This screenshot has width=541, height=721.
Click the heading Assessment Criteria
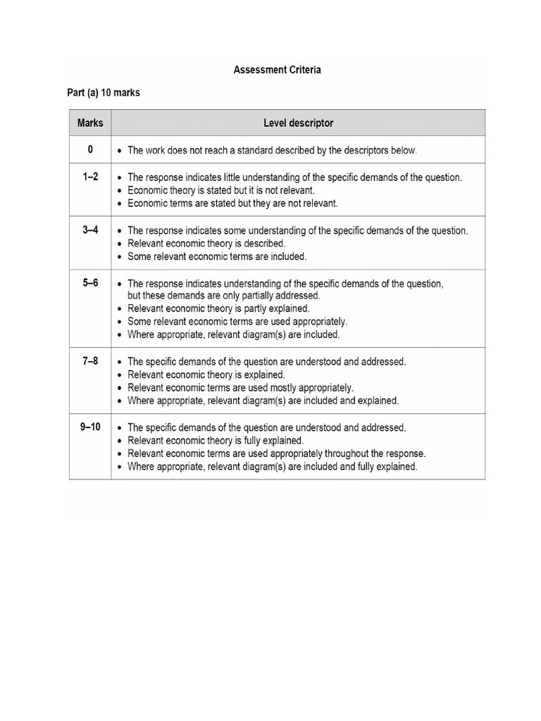[277, 70]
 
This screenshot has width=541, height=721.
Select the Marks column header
[90, 123]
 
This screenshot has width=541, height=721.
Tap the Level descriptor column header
[298, 123]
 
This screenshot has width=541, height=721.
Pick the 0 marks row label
[90, 149]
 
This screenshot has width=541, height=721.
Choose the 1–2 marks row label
[90, 177]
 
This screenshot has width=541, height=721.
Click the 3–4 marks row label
[90, 230]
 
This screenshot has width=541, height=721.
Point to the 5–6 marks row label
[90, 283]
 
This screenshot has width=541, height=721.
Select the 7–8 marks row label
[90, 361]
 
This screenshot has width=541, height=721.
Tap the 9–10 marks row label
[90, 427]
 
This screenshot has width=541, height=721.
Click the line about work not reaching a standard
[272, 150]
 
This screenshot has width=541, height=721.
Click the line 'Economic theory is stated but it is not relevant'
[220, 190]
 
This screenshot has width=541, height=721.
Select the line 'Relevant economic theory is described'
[206, 244]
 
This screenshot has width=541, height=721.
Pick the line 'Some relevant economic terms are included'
[217, 256]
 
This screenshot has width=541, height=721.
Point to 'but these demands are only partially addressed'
[223, 296]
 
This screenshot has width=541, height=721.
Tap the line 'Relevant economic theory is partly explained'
[218, 308]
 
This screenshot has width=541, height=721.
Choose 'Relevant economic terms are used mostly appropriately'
[240, 387]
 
